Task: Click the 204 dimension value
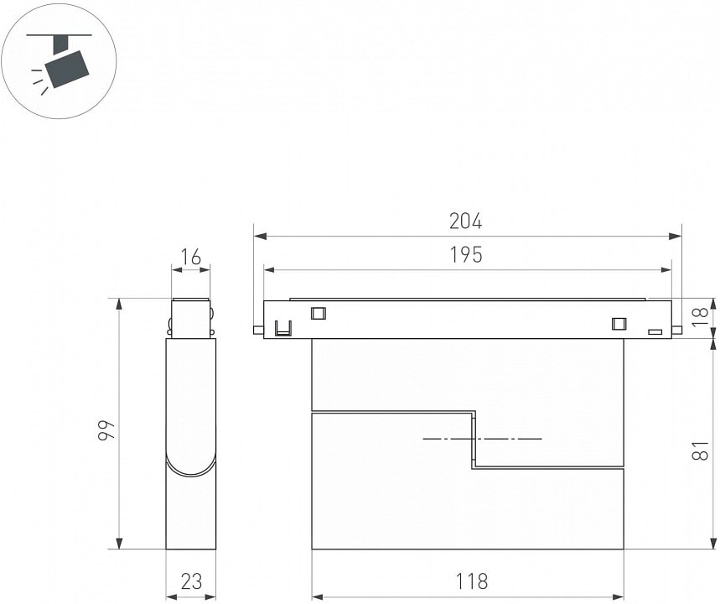[x=466, y=221]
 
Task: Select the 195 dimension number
[x=466, y=255]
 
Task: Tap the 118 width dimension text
[x=471, y=581]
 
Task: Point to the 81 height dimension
[x=699, y=450]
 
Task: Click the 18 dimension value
[x=699, y=317]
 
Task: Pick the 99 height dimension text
[x=106, y=430]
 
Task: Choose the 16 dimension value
[x=190, y=258]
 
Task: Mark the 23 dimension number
[x=191, y=581]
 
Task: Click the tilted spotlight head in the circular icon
[x=67, y=69]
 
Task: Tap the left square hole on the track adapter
[x=319, y=313]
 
